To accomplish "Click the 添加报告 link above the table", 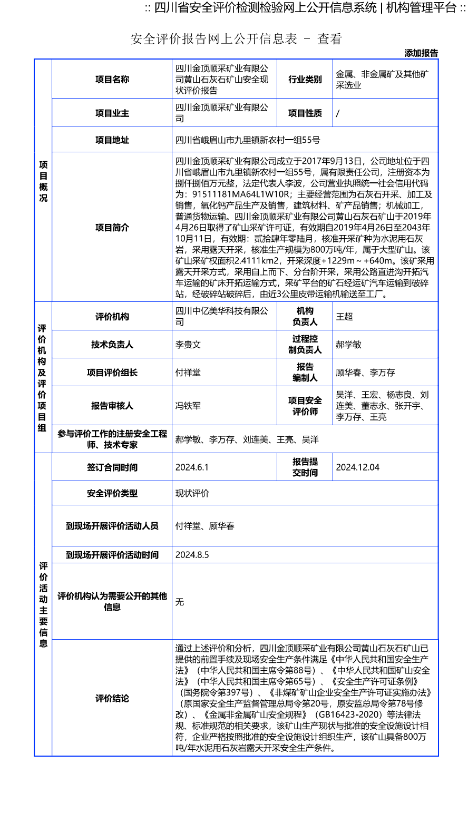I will (x=421, y=53).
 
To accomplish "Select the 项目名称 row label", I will (x=112, y=80).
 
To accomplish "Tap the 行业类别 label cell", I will (x=305, y=80).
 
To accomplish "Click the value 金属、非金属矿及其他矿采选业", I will (x=382, y=80).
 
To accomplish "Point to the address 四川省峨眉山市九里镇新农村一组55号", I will (x=248, y=140).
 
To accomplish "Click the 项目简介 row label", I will (x=112, y=228).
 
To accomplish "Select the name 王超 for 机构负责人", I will (x=345, y=317).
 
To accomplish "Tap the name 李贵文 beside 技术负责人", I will (x=188, y=345).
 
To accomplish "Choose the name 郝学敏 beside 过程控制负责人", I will (x=349, y=345).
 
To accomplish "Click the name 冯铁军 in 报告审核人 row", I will (x=188, y=406).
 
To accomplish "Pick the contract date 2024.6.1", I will (x=192, y=467).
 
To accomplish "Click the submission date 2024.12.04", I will (x=357, y=467).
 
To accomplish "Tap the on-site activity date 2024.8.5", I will (x=192, y=555).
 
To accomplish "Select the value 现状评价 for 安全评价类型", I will (x=192, y=494).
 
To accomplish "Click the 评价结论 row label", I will (x=112, y=699).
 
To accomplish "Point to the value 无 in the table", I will (x=180, y=602).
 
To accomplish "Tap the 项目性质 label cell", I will (x=305, y=113).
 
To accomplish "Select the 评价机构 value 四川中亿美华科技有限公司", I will (x=222, y=317).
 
